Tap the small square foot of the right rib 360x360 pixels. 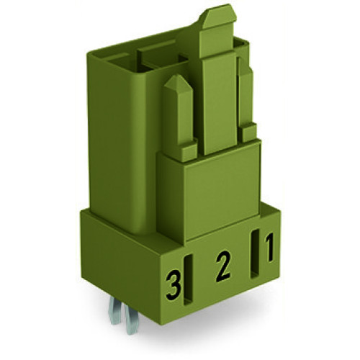249,132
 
